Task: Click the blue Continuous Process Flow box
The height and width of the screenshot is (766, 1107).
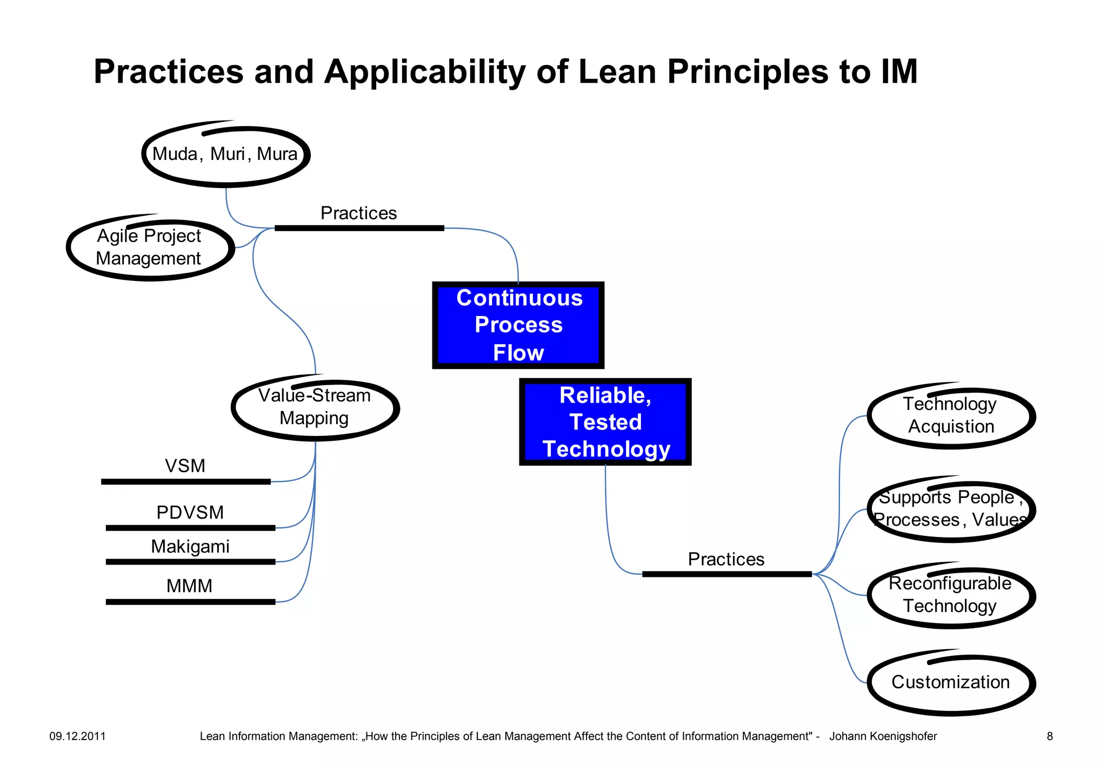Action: click(x=518, y=325)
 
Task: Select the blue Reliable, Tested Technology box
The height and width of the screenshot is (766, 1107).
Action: click(x=605, y=422)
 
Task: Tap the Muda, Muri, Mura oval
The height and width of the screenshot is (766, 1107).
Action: click(x=225, y=154)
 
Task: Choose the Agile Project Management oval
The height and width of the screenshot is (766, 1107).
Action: click(x=150, y=247)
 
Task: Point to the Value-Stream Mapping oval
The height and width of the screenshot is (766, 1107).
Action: click(x=315, y=407)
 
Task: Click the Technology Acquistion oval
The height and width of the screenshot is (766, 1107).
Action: click(x=951, y=415)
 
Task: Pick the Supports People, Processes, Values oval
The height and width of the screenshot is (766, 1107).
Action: click(x=951, y=509)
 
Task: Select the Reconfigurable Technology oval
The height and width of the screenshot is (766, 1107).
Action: click(x=951, y=595)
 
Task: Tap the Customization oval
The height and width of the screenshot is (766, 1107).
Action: click(x=951, y=682)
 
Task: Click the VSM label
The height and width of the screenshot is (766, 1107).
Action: click(x=185, y=466)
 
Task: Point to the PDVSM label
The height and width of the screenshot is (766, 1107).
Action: click(x=190, y=513)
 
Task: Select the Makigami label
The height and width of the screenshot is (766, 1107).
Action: click(x=190, y=547)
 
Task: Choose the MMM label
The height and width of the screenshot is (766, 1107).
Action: click(x=189, y=586)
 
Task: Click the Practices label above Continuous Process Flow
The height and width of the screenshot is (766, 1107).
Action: click(x=358, y=213)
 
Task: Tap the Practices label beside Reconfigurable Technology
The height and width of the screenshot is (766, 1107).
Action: click(x=726, y=560)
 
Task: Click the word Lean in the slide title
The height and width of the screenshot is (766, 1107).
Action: click(x=617, y=72)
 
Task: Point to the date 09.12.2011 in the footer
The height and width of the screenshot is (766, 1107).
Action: click(x=77, y=736)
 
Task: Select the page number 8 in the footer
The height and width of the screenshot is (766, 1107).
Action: click(x=1050, y=736)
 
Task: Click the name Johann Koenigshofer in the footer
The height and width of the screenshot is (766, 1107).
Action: click(x=883, y=736)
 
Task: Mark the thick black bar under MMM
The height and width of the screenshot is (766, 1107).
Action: click(x=190, y=602)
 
